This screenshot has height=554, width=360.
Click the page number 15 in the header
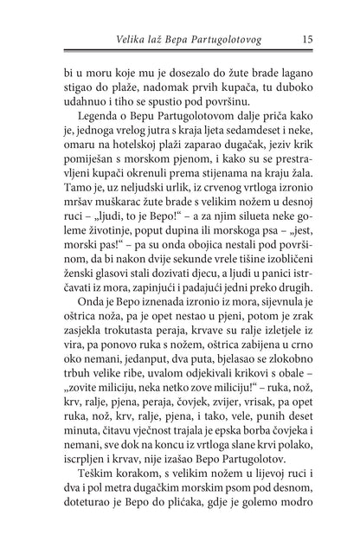[308, 36]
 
